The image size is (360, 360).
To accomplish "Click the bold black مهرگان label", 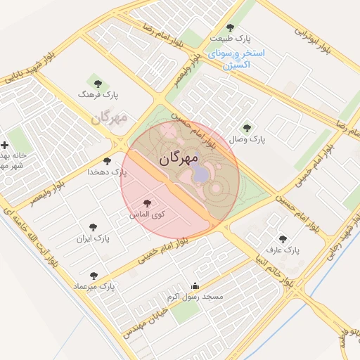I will tap(179, 159).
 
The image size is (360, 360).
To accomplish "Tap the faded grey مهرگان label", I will tap(110, 117).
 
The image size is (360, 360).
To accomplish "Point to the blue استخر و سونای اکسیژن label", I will tap(236, 58).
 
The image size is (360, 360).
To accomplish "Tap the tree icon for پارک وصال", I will tap(246, 128).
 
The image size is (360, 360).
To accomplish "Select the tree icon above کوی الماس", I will tap(147, 202).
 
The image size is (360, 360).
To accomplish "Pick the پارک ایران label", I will tap(94, 238).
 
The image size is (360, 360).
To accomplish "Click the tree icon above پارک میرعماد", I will tap(94, 276).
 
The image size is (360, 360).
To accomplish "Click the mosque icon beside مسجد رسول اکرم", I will tap(195, 286).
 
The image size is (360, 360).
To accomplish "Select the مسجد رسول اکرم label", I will tap(195, 297).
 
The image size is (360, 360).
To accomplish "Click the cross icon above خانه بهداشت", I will tap(6, 145).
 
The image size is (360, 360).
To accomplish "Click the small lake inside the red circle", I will tap(200, 173).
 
